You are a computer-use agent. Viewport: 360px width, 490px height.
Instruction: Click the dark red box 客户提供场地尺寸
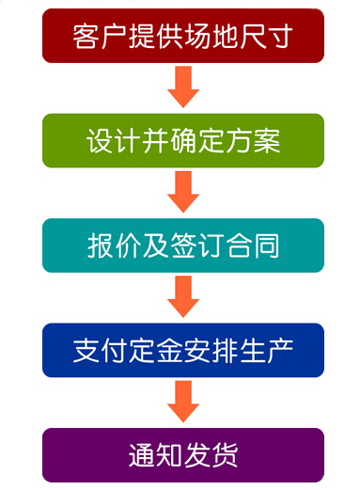(x=183, y=36)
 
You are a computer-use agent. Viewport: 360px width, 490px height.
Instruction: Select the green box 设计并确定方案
(x=183, y=141)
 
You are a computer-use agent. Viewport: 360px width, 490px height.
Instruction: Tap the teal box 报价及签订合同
(x=183, y=245)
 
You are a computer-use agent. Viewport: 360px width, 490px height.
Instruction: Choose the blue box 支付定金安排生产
(x=183, y=351)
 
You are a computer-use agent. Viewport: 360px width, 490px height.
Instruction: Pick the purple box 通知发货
(x=183, y=455)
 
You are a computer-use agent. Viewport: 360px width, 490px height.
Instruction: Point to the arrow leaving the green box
(x=182, y=193)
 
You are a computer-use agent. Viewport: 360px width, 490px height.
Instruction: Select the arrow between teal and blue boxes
(x=182, y=298)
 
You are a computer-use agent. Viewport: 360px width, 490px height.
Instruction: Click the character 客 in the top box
(x=86, y=37)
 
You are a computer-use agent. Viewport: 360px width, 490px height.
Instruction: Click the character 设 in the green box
(x=100, y=141)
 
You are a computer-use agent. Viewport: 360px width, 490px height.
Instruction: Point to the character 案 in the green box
(x=267, y=141)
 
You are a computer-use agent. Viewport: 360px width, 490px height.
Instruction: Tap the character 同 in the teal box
(x=267, y=246)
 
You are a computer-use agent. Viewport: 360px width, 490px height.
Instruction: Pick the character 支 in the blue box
(x=86, y=351)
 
